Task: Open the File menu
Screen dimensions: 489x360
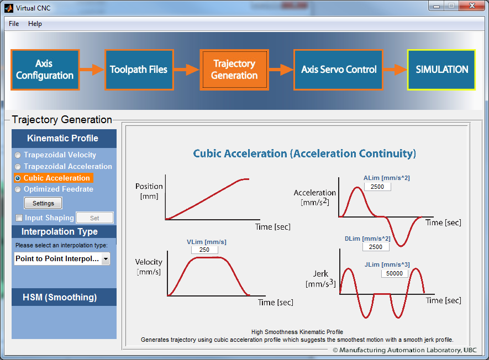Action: tap(14, 24)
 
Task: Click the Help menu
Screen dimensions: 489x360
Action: tap(35, 24)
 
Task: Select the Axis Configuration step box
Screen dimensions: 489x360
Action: tap(45, 70)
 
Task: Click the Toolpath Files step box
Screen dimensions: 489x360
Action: tap(139, 70)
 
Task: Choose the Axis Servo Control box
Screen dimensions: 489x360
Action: tap(338, 70)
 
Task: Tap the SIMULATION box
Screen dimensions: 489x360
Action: tap(441, 70)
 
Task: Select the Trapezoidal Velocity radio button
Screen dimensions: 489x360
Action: tap(18, 155)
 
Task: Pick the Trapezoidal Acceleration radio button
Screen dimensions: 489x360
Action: tap(18, 167)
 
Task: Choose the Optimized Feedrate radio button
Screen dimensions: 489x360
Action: tap(18, 189)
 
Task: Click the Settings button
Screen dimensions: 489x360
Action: tap(43, 203)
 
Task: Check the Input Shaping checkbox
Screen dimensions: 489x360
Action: tap(19, 218)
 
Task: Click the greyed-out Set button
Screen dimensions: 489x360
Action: tap(95, 218)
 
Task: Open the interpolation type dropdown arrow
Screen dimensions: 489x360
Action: tap(106, 259)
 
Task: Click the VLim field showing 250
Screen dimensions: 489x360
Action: tap(204, 250)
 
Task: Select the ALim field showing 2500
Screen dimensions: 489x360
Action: tap(377, 187)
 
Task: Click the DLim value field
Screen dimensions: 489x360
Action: tap(376, 247)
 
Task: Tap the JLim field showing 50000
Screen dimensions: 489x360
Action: tap(395, 273)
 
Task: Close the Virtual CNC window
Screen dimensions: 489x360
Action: tap(472, 6)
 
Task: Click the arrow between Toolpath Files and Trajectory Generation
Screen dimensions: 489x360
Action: tap(187, 70)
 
